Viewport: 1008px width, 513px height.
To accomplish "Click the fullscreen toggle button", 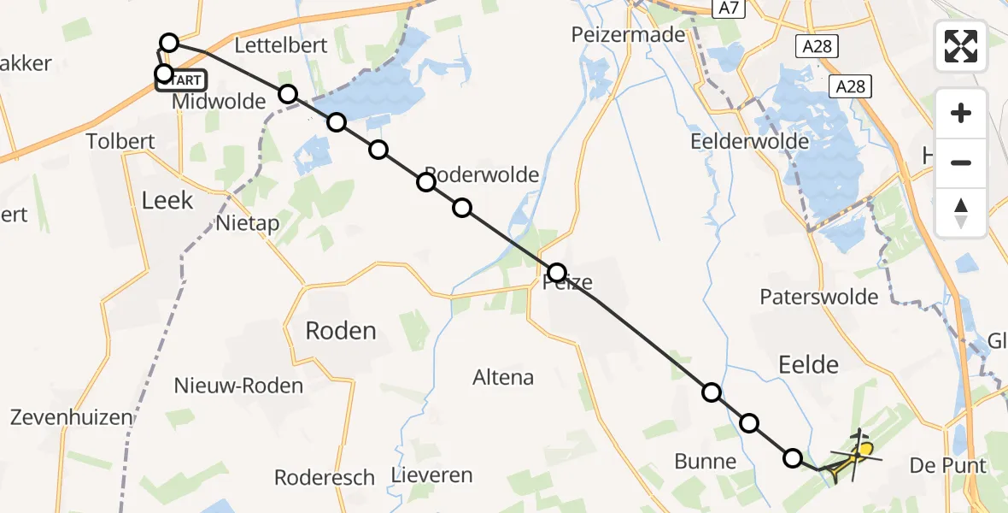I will tap(961, 46).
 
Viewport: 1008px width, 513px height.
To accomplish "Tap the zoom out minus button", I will tap(961, 162).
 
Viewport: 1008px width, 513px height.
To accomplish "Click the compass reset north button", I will tap(961, 213).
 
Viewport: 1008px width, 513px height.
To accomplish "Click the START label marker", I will tap(183, 80).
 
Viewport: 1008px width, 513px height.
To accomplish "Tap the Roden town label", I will tap(341, 331).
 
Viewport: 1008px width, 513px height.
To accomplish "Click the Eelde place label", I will tap(808, 365).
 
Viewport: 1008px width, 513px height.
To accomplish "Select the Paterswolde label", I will tap(818, 297).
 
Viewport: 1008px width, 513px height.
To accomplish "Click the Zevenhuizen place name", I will tap(72, 417).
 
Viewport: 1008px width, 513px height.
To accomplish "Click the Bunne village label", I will tap(705, 463).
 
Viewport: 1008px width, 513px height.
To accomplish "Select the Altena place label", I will tap(503, 377).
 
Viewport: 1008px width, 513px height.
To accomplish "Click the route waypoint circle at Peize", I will tap(557, 273).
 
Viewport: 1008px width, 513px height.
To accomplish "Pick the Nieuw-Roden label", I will tap(238, 386).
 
